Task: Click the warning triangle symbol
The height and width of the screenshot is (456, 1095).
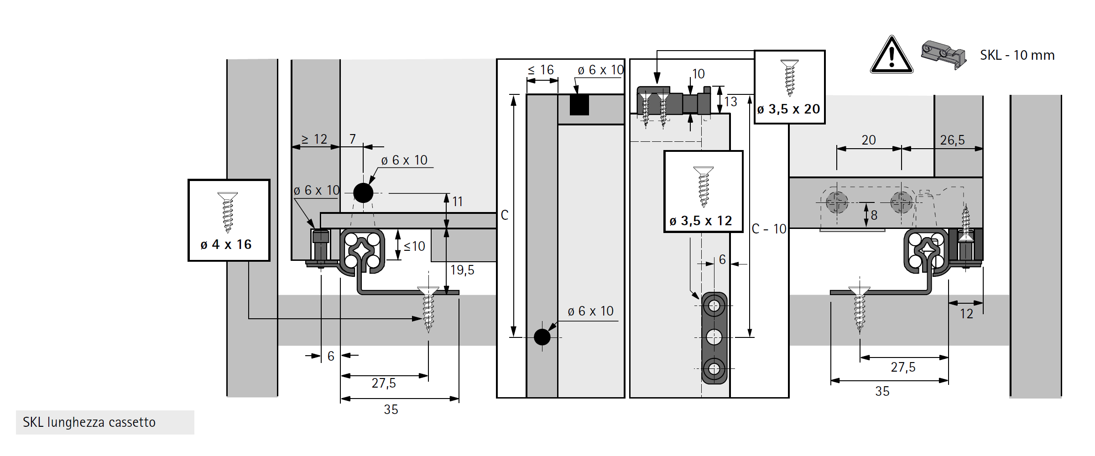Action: pyautogui.click(x=892, y=56)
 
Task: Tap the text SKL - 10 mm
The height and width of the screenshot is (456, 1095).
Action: pyautogui.click(x=1017, y=55)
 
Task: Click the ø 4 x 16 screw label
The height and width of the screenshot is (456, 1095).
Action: pyautogui.click(x=226, y=244)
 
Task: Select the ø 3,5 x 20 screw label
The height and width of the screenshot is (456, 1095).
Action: pyautogui.click(x=789, y=109)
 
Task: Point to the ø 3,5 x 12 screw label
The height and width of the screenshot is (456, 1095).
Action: pyautogui.click(x=701, y=221)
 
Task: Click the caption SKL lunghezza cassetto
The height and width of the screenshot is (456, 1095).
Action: pyautogui.click(x=89, y=422)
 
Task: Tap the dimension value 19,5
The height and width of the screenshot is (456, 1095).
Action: pyautogui.click(x=462, y=270)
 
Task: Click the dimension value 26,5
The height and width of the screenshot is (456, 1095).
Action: pyautogui.click(x=952, y=140)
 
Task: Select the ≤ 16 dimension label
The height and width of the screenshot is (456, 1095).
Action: pyautogui.click(x=541, y=70)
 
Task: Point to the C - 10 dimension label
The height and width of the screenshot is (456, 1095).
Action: pyautogui.click(x=769, y=229)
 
